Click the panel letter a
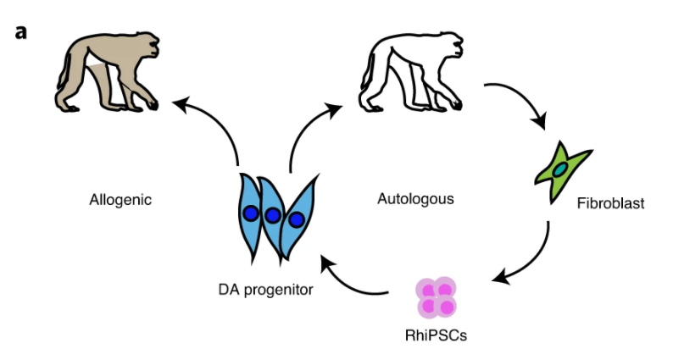(21, 33)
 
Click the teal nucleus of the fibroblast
(561, 170)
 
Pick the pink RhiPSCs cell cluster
(437, 297)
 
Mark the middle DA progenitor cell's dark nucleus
(273, 216)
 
